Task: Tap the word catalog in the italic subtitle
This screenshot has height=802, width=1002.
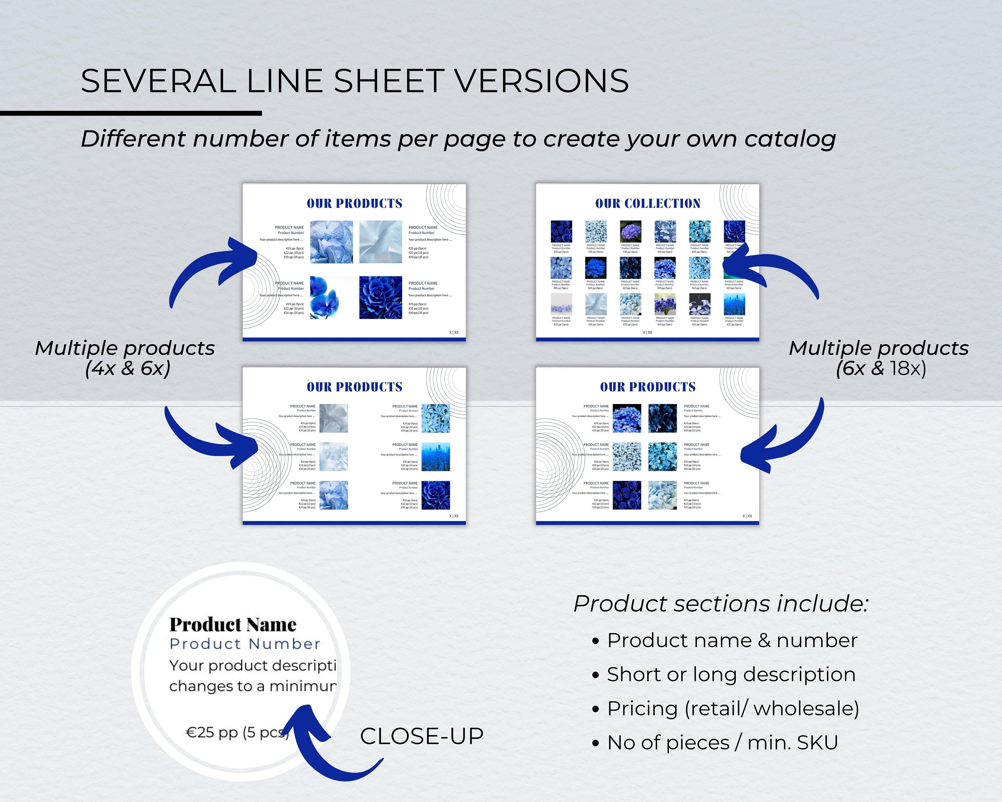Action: (x=790, y=139)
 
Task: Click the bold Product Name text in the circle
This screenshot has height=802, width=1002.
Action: (x=232, y=625)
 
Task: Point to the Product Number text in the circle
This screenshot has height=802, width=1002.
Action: (x=245, y=644)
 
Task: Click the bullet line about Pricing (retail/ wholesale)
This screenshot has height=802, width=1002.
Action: (x=732, y=708)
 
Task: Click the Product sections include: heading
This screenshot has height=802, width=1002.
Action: (x=720, y=604)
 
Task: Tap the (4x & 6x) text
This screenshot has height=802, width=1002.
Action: (x=128, y=368)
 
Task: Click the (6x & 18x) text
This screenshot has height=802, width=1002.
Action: (x=881, y=368)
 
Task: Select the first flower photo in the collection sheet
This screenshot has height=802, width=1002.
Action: (x=561, y=231)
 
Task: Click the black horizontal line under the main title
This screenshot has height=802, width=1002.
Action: (x=131, y=113)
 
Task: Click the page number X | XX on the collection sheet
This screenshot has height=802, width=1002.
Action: (x=647, y=332)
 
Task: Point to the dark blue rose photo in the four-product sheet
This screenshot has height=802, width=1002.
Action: (x=381, y=297)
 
